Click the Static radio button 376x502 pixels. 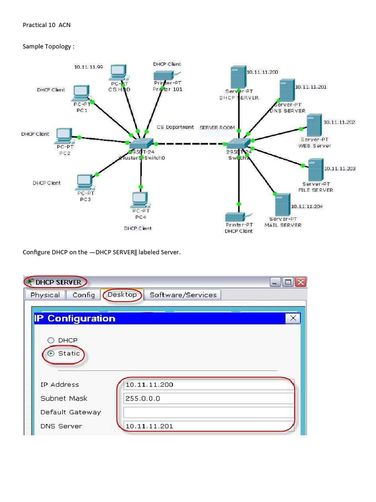coord(50,353)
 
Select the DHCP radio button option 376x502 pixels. coord(50,340)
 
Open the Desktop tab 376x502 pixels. coord(122,295)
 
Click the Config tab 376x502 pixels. coord(84,295)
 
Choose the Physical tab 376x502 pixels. coord(45,295)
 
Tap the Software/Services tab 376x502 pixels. coord(183,295)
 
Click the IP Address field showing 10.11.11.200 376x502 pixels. coord(209,385)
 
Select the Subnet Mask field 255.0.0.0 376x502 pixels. coord(209,399)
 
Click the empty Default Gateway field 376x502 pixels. coord(209,412)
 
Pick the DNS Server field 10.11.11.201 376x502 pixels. coord(209,426)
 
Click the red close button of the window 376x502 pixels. coord(301,282)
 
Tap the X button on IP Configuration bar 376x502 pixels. coord(293,318)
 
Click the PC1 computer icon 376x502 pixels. coord(81,93)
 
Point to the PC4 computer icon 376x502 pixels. coord(140,200)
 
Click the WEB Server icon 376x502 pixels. coord(314,125)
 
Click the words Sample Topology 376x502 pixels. coord(48,47)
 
